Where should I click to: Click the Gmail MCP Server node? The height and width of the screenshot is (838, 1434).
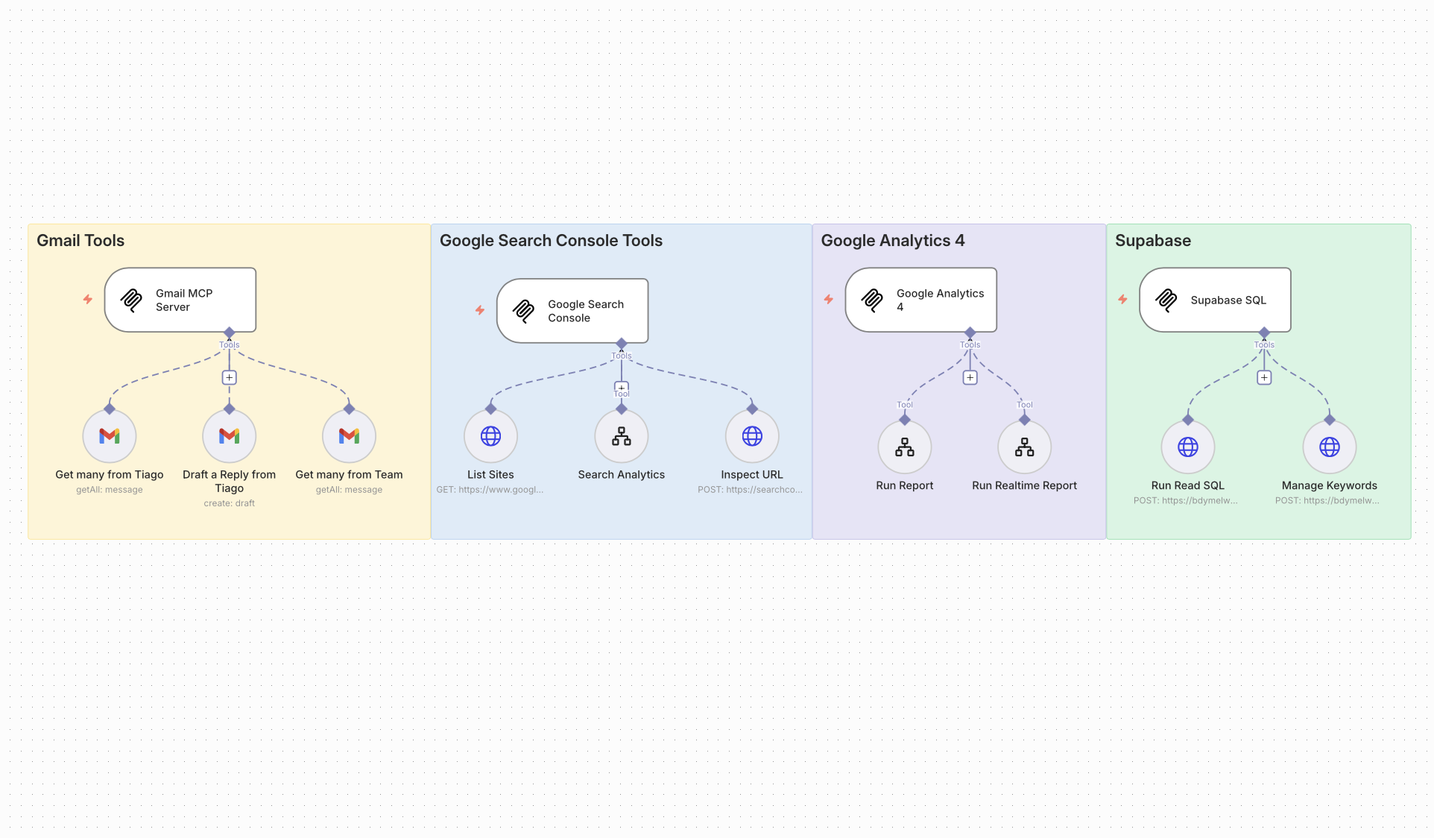coord(180,300)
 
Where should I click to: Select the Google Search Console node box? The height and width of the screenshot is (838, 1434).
coord(572,311)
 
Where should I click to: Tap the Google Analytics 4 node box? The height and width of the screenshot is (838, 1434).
coord(920,300)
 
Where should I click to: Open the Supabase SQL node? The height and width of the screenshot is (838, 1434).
coord(1215,300)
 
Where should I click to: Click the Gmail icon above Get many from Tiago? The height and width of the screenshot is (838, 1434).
coord(110,436)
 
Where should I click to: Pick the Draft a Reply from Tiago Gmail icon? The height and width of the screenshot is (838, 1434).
coord(230,436)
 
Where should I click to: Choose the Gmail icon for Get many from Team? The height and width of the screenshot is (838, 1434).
coord(349,436)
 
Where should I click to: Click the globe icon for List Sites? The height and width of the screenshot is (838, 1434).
coord(490,436)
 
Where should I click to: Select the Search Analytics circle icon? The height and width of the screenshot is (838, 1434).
coord(622,436)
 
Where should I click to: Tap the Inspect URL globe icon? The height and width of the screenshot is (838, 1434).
coord(752,436)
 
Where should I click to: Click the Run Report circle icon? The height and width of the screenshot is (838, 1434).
coord(905,447)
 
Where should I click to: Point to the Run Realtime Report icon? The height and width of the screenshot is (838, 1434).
coord(1025,447)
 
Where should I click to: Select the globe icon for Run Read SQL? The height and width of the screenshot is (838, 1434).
coord(1188,447)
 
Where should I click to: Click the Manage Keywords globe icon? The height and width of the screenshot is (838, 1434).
coord(1330,447)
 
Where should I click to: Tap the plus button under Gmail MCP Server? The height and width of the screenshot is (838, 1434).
coord(230,377)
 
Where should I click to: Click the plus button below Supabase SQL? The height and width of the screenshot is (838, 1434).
coord(1264,377)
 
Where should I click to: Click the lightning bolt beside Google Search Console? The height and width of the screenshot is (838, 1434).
coord(480,310)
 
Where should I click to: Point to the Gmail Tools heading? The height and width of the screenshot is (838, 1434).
coord(80,241)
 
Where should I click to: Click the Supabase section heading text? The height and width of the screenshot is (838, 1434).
coord(1153,241)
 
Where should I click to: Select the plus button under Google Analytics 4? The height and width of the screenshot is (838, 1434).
coord(970,377)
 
